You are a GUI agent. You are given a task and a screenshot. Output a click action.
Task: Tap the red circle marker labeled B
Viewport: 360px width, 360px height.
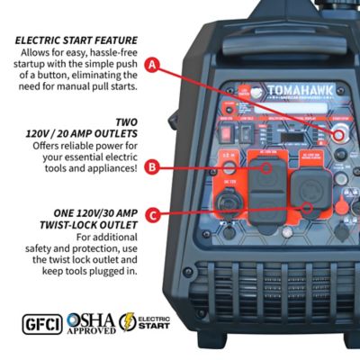[154, 166]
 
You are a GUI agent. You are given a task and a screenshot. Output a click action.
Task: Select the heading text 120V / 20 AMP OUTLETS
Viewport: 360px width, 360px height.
[85, 132]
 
